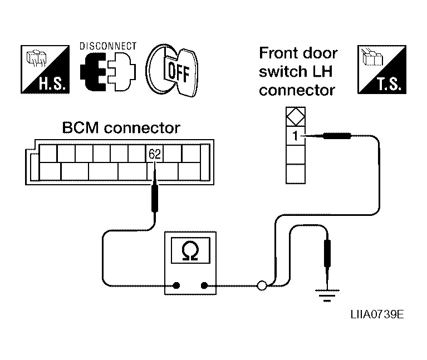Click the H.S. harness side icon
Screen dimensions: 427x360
click(x=45, y=70)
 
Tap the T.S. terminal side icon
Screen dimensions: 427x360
click(x=382, y=70)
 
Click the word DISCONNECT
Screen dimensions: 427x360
click(x=108, y=46)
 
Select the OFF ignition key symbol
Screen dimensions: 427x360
click(x=172, y=71)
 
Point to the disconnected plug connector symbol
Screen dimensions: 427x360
click(x=108, y=72)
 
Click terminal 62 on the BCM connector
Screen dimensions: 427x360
click(x=155, y=154)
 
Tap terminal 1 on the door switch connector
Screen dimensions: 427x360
click(x=296, y=136)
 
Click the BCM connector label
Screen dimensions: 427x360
click(x=121, y=127)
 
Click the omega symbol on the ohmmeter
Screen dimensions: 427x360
click(x=190, y=250)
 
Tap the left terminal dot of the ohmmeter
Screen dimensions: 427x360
click(x=176, y=285)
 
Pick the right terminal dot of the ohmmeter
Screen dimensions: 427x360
click(x=204, y=285)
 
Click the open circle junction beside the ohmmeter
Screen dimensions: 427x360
click(x=262, y=285)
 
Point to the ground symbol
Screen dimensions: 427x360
click(x=327, y=295)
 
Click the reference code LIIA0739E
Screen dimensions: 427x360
click(x=377, y=314)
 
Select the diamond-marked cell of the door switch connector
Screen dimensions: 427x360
click(x=296, y=117)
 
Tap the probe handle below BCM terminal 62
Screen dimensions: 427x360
click(x=155, y=198)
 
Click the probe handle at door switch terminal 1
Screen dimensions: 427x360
click(x=337, y=136)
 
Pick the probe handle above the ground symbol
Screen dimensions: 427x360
click(x=327, y=253)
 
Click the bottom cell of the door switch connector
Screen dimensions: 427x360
click(x=296, y=174)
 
